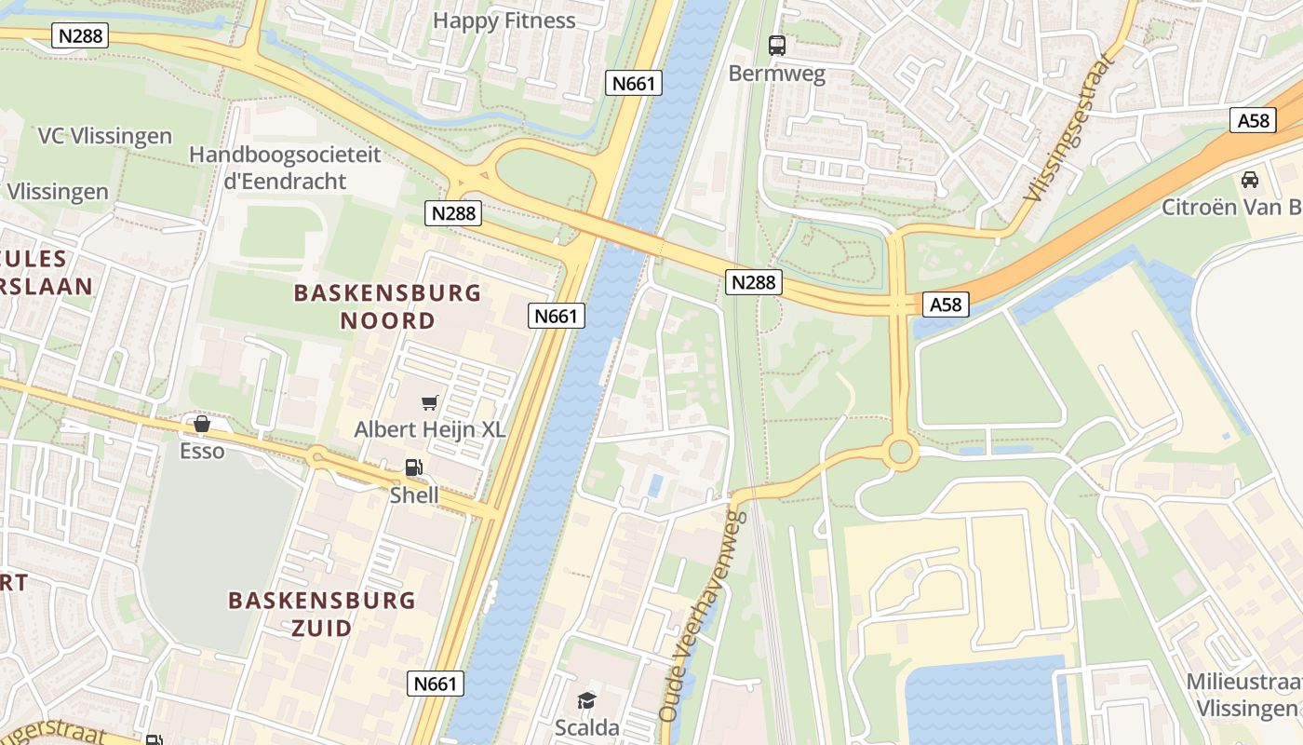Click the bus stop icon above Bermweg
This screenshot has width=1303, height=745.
(x=776, y=45)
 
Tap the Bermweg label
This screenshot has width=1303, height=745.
(x=776, y=74)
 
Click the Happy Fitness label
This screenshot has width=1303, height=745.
(x=504, y=20)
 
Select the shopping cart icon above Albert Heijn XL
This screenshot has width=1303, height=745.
(x=429, y=402)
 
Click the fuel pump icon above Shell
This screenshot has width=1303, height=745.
(x=413, y=468)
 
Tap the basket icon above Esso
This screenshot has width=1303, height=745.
(x=202, y=425)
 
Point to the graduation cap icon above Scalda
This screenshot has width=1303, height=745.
(x=586, y=700)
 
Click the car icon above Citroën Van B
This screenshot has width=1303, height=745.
(x=1250, y=179)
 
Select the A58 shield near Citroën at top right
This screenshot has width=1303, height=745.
(x=1254, y=120)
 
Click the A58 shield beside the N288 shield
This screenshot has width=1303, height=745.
(x=947, y=304)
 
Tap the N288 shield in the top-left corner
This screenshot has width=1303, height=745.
(x=81, y=36)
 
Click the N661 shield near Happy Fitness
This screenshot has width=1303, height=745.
(x=635, y=83)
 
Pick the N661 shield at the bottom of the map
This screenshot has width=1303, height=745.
(x=435, y=684)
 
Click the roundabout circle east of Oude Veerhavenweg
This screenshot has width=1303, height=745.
(x=900, y=454)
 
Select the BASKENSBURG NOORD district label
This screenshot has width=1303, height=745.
(x=387, y=306)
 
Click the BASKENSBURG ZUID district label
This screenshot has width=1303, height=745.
(x=321, y=613)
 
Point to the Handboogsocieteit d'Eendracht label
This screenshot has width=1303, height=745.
(x=285, y=168)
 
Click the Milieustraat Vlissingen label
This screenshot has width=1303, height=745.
(x=1243, y=694)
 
